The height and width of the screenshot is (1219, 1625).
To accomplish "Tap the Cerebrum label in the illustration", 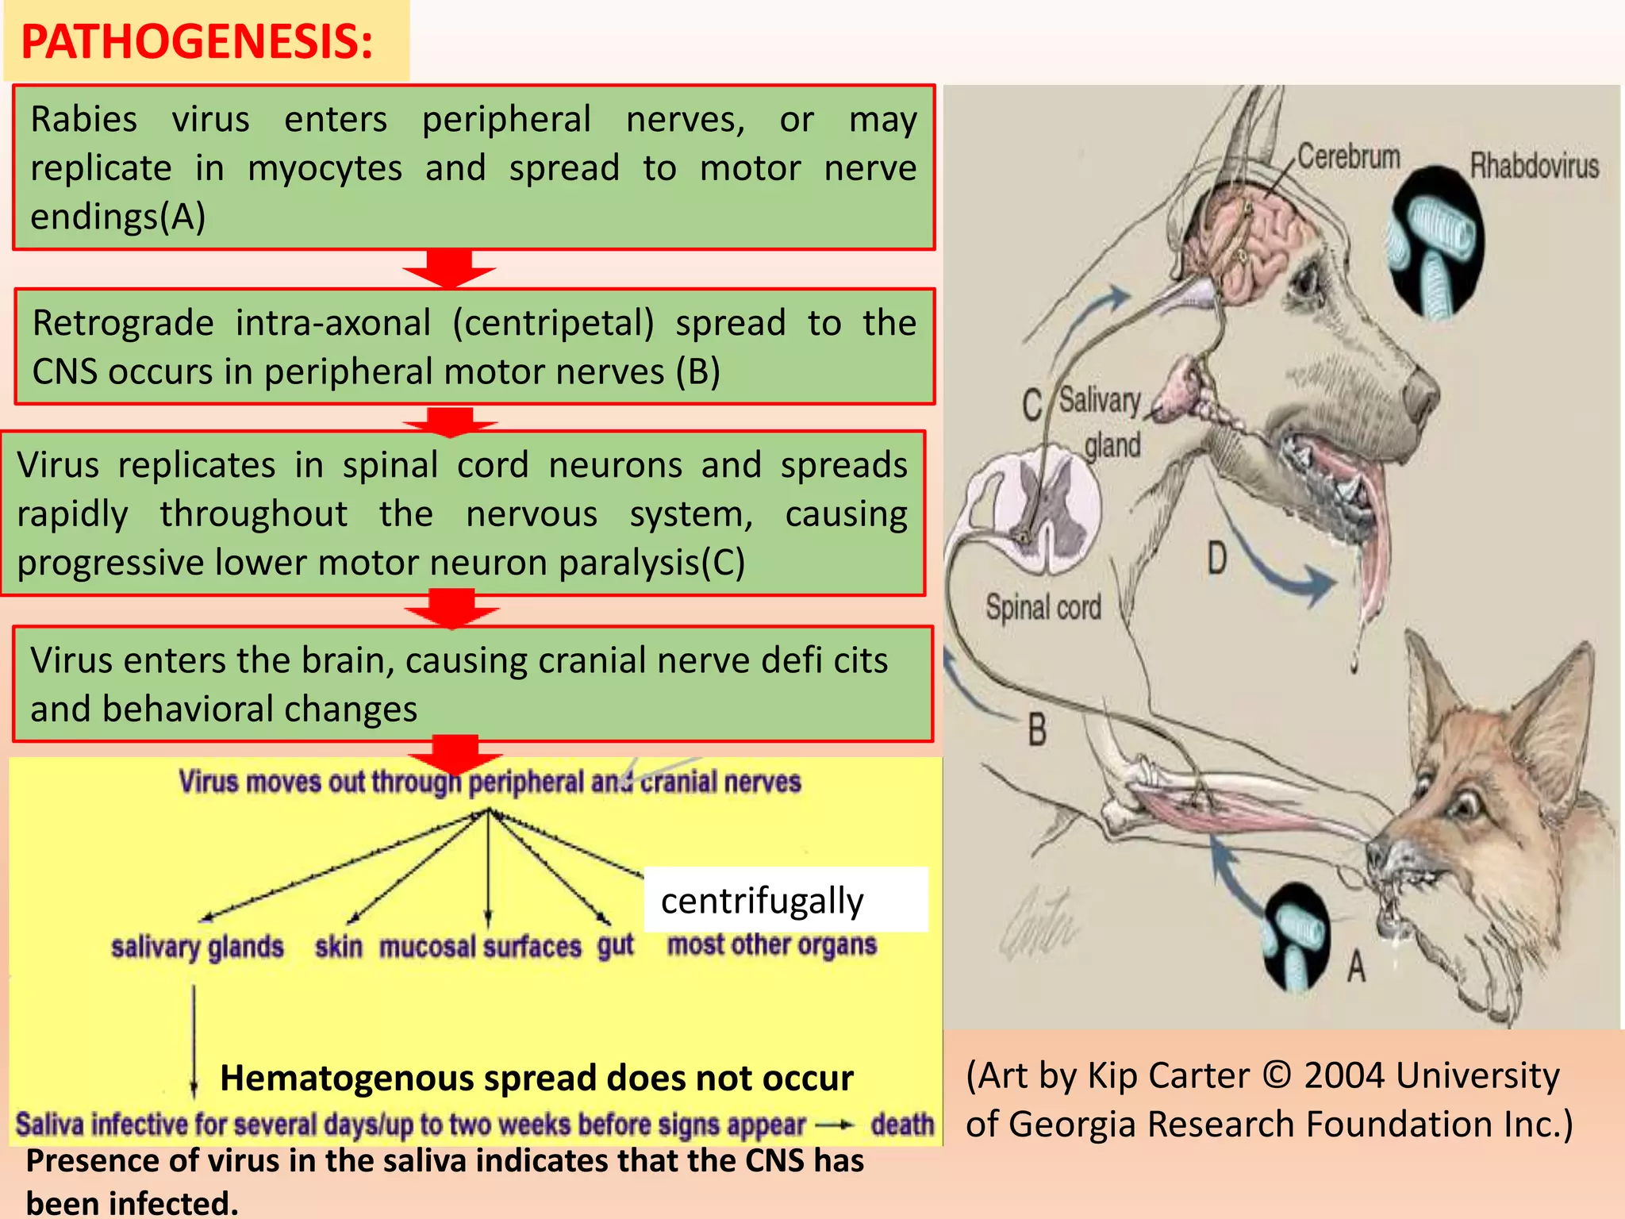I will point(1348,156).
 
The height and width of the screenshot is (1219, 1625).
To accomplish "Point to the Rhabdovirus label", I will point(1534,166).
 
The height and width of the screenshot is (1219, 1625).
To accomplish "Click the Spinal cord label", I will point(1043,607).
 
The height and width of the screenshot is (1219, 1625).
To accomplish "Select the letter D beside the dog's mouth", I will point(1216,558).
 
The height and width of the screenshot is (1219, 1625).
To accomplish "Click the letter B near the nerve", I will point(1037,729).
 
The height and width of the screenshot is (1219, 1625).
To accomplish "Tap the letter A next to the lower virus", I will point(1356,967).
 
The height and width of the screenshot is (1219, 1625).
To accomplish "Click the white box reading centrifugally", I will point(785,900).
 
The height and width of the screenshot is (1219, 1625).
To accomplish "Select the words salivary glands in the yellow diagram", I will point(198,947).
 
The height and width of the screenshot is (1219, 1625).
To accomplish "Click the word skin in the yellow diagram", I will point(339,947).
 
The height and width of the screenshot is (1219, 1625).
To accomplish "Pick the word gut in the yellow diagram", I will point(616,945).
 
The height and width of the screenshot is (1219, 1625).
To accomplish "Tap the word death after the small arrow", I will point(902,1124).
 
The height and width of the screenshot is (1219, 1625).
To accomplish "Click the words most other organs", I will point(771,944).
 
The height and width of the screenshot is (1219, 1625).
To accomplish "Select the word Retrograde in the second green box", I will point(123,323).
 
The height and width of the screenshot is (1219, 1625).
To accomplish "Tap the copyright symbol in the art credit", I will point(1277,1075).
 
